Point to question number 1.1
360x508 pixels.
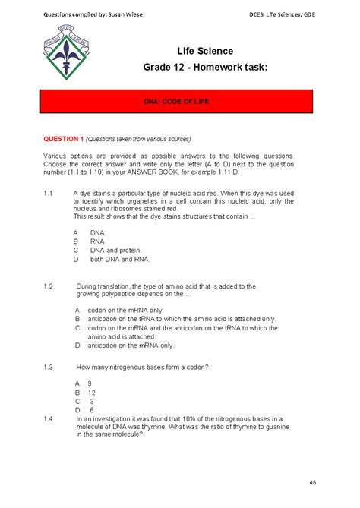(48, 194)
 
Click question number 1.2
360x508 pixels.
(48, 286)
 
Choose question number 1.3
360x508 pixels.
(48, 367)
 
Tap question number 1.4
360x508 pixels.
(48, 418)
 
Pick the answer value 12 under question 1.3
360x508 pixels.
(91, 393)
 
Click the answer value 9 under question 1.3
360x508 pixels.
(90, 383)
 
